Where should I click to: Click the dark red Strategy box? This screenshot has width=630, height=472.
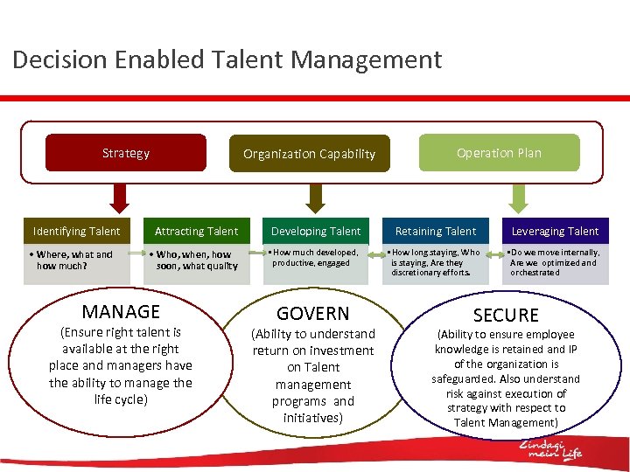tap(125, 153)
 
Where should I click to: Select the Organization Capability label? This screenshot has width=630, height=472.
tap(309, 154)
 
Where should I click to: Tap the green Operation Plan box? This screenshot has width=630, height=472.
tap(499, 153)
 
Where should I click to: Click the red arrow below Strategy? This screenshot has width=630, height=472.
tap(120, 197)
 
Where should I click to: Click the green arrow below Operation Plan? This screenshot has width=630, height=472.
tap(519, 197)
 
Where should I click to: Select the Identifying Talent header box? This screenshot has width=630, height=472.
tap(76, 232)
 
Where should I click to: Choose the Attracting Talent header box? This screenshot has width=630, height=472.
tap(196, 232)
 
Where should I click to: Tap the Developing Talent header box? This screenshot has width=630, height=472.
tap(316, 232)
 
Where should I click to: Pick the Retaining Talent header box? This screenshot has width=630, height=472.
tap(436, 232)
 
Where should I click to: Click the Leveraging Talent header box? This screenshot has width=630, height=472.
tap(555, 232)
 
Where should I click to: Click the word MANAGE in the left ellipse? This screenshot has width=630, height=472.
tap(121, 311)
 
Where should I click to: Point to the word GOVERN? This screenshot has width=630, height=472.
tap(312, 314)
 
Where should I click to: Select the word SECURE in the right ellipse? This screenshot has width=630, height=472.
tap(506, 316)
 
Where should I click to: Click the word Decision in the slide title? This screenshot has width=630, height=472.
tap(58, 60)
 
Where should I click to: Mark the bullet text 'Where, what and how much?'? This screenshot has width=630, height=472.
tap(74, 260)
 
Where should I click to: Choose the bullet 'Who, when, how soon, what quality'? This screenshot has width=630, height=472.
tap(194, 260)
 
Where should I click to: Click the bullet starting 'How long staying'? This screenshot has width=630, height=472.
tap(436, 262)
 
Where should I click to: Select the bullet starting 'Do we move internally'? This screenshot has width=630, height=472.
tap(555, 262)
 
